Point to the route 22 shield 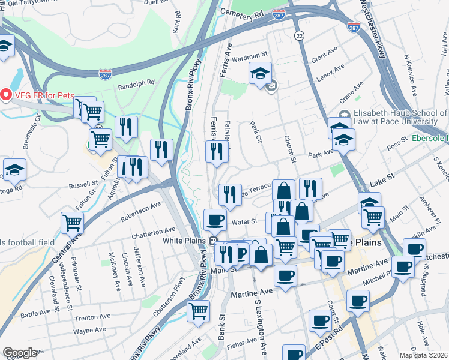pyautogui.click(x=299, y=37)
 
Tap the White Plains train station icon pyautogui.click(x=212, y=241)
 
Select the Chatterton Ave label pyautogui.click(x=155, y=232)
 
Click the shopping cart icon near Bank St pyautogui.click(x=198, y=311)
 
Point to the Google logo pyautogui.click(x=20, y=353)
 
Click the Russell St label pyautogui.click(x=83, y=184)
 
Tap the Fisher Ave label pyautogui.click(x=242, y=343)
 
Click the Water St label pyautogui.click(x=246, y=221)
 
